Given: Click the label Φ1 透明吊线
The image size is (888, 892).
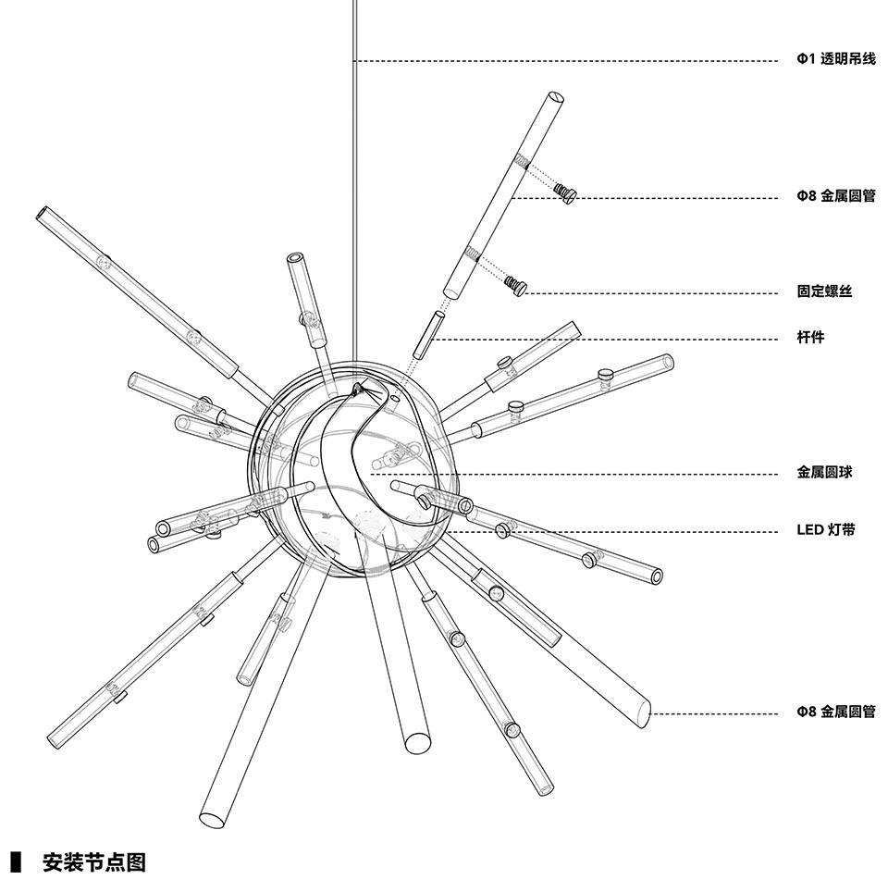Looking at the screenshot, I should click(835, 60).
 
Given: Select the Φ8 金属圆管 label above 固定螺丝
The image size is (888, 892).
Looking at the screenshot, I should click(835, 196).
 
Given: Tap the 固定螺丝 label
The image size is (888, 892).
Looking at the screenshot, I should click(824, 291).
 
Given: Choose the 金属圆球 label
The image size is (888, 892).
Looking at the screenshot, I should click(824, 472).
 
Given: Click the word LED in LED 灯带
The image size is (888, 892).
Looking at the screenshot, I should click(810, 530).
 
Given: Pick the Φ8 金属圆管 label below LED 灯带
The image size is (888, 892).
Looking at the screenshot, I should click(835, 712).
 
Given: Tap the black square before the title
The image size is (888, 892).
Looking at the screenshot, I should click(15, 863).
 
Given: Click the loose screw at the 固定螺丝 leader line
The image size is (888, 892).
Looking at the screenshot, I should click(516, 286).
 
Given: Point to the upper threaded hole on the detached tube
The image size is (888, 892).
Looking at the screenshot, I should click(523, 163).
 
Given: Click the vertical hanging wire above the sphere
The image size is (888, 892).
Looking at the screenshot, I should click(354, 185).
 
